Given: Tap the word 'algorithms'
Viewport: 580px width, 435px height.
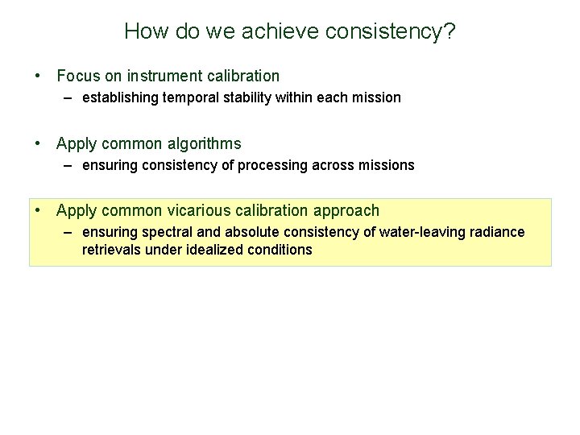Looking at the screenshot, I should click(x=204, y=144).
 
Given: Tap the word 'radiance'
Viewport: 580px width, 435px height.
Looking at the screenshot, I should click(x=498, y=232).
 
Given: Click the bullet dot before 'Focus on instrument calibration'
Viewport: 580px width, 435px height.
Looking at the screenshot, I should click(x=39, y=77).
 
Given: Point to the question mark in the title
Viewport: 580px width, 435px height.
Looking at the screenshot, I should click(x=449, y=31).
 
